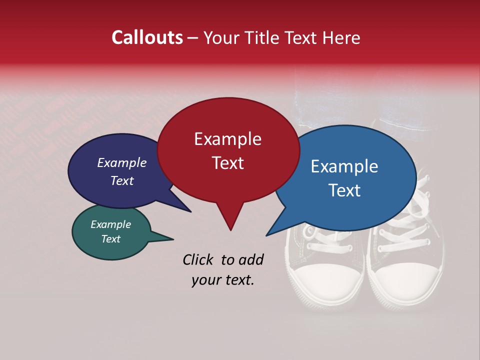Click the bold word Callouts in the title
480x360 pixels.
[x=147, y=37]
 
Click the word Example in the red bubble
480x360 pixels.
[x=227, y=139]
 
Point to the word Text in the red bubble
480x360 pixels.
[x=227, y=163]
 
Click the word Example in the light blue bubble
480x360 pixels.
[x=344, y=166]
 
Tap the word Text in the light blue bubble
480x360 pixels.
[x=344, y=190]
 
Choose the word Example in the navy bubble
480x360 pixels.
[x=121, y=162]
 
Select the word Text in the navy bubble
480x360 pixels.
[x=121, y=180]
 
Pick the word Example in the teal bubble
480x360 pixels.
[x=110, y=224]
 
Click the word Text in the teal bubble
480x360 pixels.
[x=110, y=239]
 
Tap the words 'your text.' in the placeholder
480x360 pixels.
[x=222, y=280]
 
